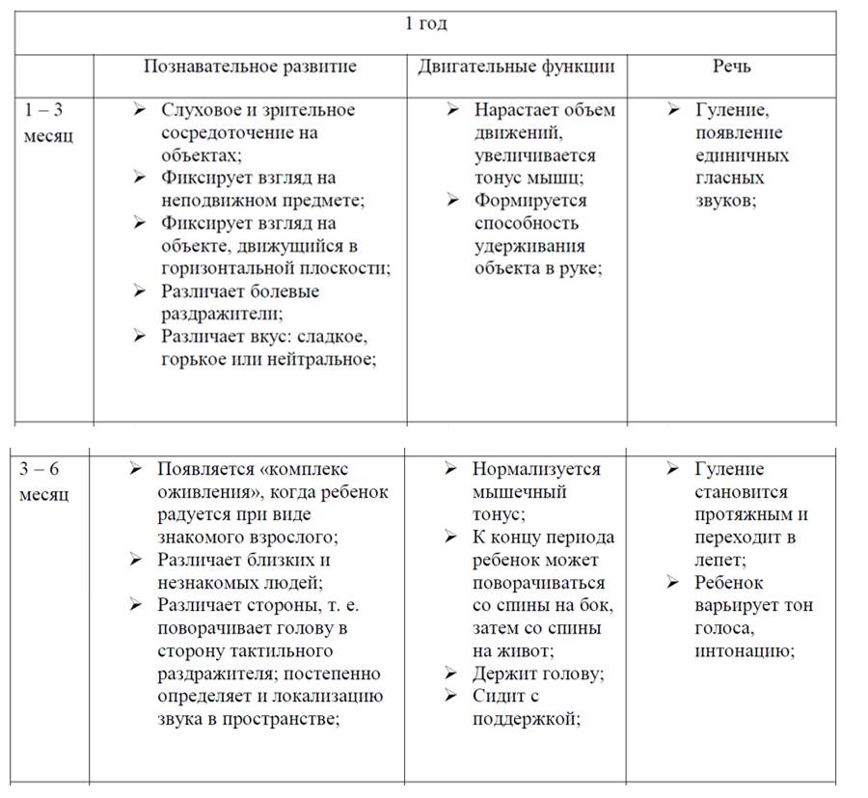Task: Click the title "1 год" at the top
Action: click(425, 24)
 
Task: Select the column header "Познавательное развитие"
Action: click(250, 67)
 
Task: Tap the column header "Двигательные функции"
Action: click(516, 67)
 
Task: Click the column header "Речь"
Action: click(732, 67)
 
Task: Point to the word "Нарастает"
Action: click(515, 110)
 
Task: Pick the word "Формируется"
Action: click(530, 201)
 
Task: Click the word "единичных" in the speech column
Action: click(742, 155)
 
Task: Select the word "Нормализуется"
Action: click(536, 470)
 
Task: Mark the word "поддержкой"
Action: click(526, 719)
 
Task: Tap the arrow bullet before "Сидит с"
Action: click(451, 696)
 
